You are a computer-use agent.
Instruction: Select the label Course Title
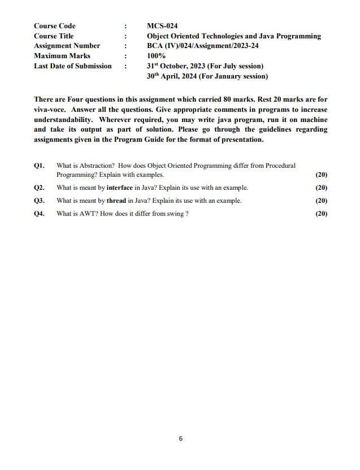(x=54, y=36)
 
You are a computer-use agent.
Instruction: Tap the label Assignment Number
(x=67, y=46)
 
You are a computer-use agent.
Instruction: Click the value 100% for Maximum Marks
(x=156, y=56)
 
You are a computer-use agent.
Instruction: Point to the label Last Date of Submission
(x=72, y=66)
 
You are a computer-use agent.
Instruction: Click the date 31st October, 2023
(x=176, y=66)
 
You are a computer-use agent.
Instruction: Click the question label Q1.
(x=39, y=166)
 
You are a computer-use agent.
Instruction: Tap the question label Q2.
(x=39, y=188)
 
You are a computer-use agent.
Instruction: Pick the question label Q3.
(x=39, y=201)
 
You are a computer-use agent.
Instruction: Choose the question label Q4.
(x=39, y=214)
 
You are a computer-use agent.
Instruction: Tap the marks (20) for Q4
(x=321, y=214)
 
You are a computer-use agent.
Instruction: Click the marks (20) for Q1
(x=321, y=175)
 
